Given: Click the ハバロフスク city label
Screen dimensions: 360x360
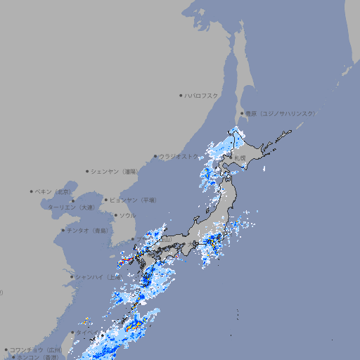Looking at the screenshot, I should [x=201, y=95].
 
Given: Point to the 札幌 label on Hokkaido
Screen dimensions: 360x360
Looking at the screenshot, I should [x=239, y=158].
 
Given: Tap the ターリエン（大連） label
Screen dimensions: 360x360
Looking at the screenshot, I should [x=71, y=207].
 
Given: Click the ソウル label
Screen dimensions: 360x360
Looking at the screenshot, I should [x=127, y=215].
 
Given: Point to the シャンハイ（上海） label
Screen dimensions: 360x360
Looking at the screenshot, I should [x=98, y=277].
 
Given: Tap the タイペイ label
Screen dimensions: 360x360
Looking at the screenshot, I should [x=88, y=332].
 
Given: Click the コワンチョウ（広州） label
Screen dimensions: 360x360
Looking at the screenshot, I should [x=36, y=349].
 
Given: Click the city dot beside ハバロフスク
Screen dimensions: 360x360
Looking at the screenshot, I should [x=181, y=95].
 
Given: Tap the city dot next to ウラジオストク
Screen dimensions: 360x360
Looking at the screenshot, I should [x=155, y=157].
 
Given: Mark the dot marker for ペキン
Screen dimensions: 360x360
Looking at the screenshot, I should [x=32, y=191].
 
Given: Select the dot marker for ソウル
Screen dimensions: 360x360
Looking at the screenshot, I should [x=115, y=215].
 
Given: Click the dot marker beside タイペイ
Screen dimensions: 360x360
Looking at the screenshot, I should [x=72, y=332].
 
